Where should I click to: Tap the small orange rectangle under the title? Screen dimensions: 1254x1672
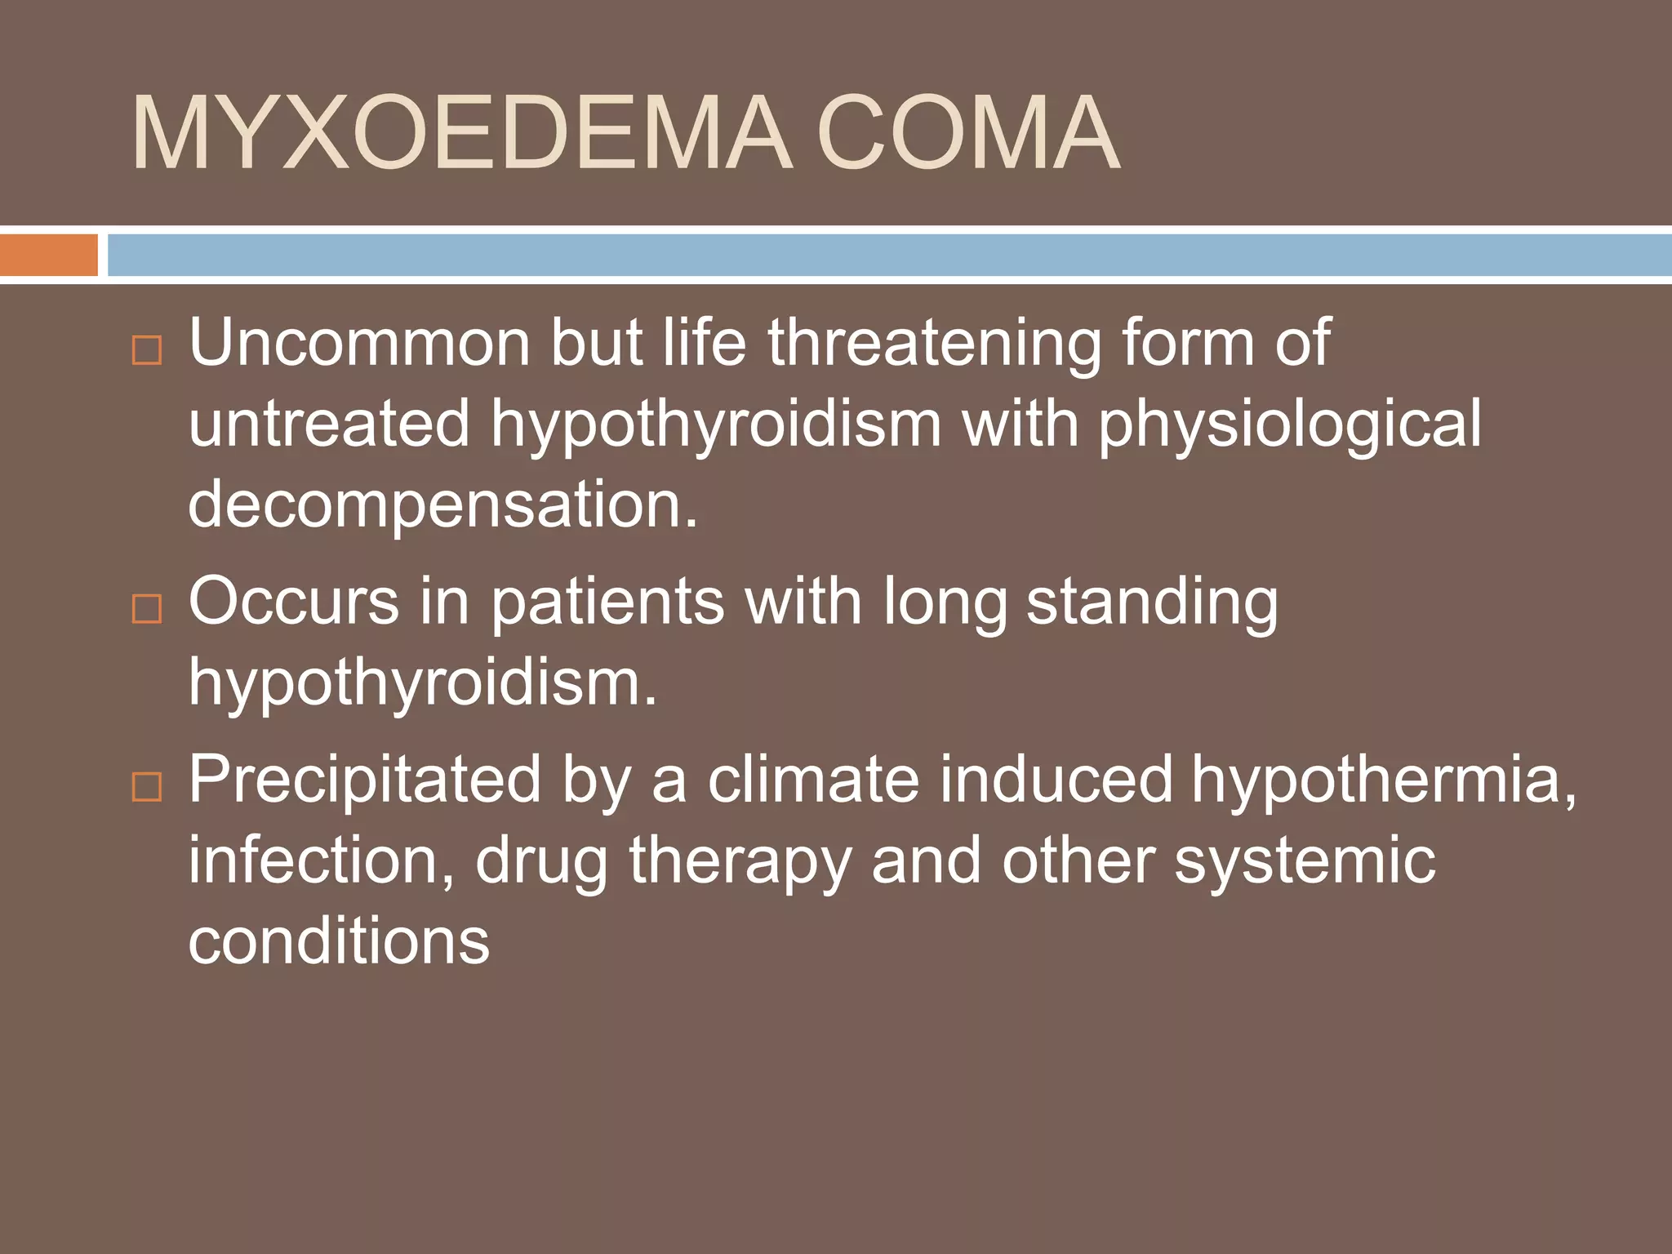point(48,255)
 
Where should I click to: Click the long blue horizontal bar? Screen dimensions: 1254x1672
point(889,255)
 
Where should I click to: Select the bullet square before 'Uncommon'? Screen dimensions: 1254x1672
point(147,350)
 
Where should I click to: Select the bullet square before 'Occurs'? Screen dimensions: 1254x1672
point(147,609)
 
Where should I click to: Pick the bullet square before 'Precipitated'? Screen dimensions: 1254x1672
point(147,787)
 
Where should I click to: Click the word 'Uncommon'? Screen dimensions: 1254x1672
point(359,343)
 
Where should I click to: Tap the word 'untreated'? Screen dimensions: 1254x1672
point(329,424)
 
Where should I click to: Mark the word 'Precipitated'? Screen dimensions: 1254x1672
point(365,780)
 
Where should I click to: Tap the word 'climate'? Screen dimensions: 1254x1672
point(813,779)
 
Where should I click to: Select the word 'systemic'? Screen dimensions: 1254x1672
point(1304,861)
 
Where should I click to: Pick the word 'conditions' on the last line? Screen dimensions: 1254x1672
point(339,940)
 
